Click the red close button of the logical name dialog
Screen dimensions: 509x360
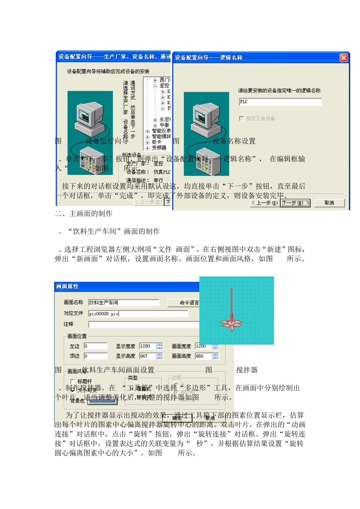(343, 58)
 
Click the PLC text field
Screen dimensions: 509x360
(280, 102)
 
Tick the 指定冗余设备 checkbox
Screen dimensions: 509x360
(241, 119)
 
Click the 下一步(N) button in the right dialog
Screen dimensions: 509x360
(296, 203)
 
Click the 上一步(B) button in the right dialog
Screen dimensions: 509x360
(265, 203)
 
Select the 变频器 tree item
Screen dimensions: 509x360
(159, 148)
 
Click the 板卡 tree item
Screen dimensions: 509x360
(157, 142)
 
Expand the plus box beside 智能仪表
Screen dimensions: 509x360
(147, 131)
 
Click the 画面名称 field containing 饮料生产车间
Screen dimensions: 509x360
(124, 303)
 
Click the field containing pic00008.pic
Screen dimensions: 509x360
(138, 314)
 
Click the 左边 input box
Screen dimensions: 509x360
(95, 346)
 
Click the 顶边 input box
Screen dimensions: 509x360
(95, 356)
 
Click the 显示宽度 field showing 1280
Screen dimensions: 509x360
(148, 346)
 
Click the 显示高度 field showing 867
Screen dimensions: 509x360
(148, 356)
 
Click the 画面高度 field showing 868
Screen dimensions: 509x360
(203, 356)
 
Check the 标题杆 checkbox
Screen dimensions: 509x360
(73, 381)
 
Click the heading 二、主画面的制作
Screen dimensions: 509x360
(84, 214)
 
